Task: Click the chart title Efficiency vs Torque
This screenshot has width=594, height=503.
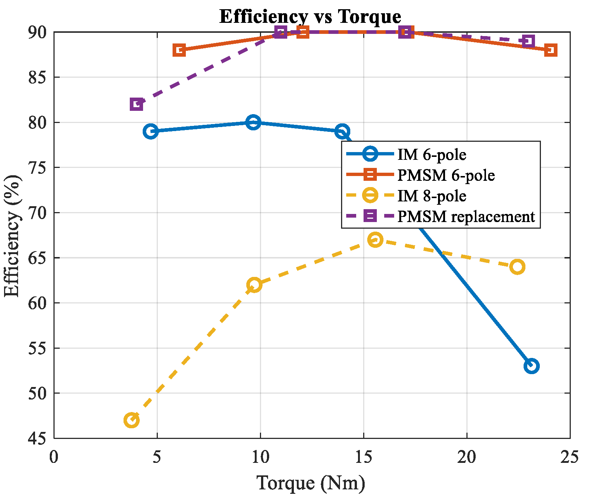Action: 310,16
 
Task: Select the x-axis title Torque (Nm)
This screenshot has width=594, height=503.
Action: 311,483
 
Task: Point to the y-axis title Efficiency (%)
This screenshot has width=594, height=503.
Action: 12,236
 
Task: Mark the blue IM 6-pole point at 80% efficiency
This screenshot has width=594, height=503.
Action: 253,122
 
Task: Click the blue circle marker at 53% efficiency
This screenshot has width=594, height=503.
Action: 531,366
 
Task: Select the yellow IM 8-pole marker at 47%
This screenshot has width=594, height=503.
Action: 132,420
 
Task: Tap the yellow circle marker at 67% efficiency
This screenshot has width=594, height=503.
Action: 375,240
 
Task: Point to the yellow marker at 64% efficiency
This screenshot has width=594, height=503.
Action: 517,267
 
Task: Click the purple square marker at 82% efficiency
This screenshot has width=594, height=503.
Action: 136,104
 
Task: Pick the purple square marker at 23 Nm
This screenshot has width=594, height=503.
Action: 529,41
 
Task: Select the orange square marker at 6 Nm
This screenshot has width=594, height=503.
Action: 179,50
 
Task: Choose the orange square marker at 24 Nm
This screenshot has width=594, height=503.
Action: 550,50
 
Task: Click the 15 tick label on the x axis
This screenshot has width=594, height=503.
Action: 364,457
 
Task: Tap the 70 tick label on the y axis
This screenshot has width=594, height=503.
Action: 38,213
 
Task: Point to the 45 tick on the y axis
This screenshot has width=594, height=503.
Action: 38,438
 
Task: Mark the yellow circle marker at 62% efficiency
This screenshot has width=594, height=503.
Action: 254,285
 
